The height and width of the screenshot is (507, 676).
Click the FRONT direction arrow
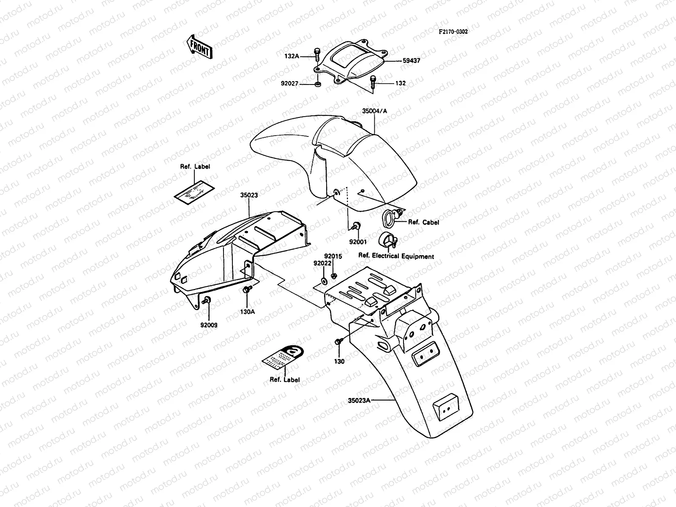199,47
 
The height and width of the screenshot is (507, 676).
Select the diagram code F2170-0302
453,32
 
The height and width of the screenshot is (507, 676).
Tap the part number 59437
412,61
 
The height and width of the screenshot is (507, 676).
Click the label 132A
292,56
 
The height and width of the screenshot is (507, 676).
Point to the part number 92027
289,83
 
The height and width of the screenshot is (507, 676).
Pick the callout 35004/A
374,111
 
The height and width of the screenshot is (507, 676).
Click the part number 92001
358,242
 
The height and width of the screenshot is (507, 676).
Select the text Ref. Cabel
423,222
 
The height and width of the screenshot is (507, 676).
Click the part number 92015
333,256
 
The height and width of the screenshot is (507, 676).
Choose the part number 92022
322,263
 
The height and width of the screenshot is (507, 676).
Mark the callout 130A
248,312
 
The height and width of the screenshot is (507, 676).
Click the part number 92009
209,325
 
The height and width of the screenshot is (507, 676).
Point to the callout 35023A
359,401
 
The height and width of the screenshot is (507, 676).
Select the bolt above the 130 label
339,341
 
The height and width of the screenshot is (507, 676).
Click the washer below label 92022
324,281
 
